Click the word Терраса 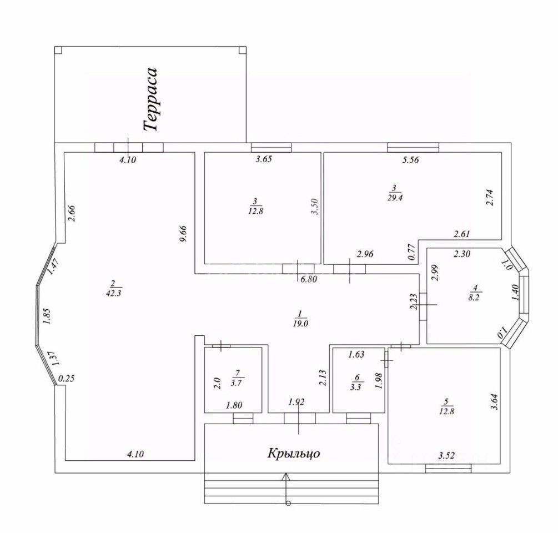pyautogui.click(x=151, y=99)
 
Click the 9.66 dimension pyautogui.click(x=185, y=233)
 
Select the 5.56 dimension pyautogui.click(x=411, y=160)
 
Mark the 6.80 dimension pyautogui.click(x=308, y=280)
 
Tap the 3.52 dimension pyautogui.click(x=447, y=456)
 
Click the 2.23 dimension pyautogui.click(x=413, y=302)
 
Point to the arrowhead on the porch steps pyautogui.click(x=286, y=476)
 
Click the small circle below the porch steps pyautogui.click(x=288, y=504)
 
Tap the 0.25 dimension pyautogui.click(x=66, y=379)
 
